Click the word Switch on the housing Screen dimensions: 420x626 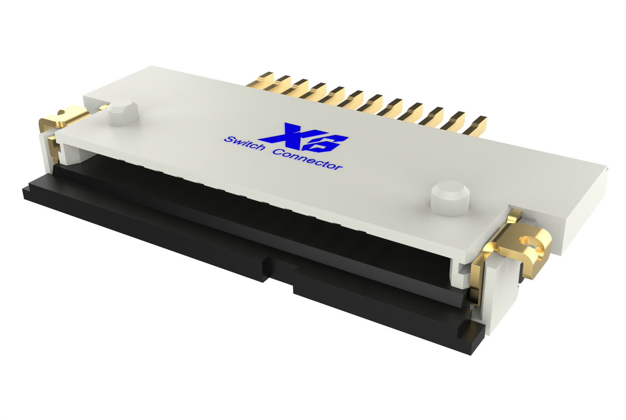[245, 143]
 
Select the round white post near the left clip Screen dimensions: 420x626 [123, 113]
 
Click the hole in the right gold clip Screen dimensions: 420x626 [529, 242]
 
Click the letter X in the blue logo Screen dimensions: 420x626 [288, 135]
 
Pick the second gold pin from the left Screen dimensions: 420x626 [282, 84]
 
